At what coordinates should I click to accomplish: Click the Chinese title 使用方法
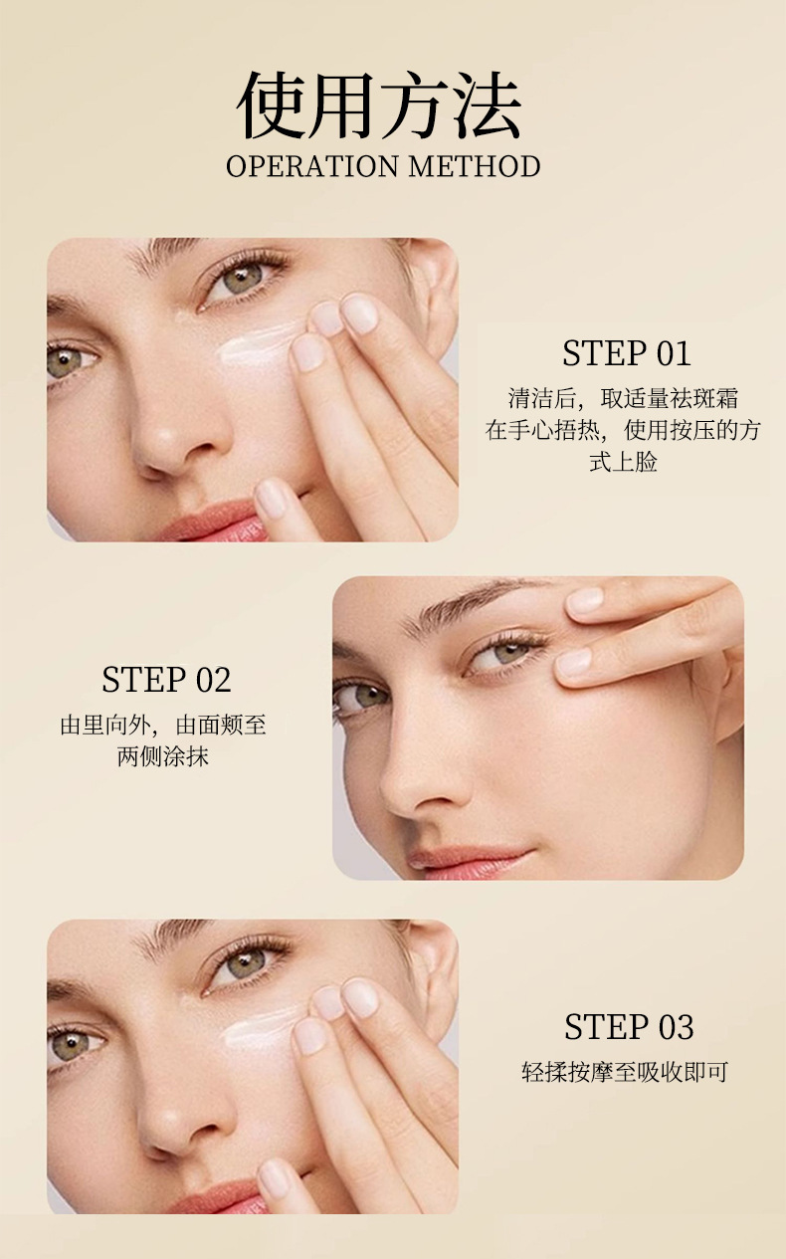point(379,105)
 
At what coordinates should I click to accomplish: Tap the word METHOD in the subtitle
point(475,166)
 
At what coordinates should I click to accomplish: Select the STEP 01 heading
point(627,353)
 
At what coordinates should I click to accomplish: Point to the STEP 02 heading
point(166,680)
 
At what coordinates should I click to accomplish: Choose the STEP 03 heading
point(629,1027)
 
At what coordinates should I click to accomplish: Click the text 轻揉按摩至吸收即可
point(625,1072)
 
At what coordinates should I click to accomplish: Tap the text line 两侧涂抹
point(163,757)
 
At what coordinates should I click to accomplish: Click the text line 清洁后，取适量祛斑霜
point(623,398)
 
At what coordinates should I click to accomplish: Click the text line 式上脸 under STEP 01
point(623,462)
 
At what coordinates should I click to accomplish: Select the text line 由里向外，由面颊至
point(163,726)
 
